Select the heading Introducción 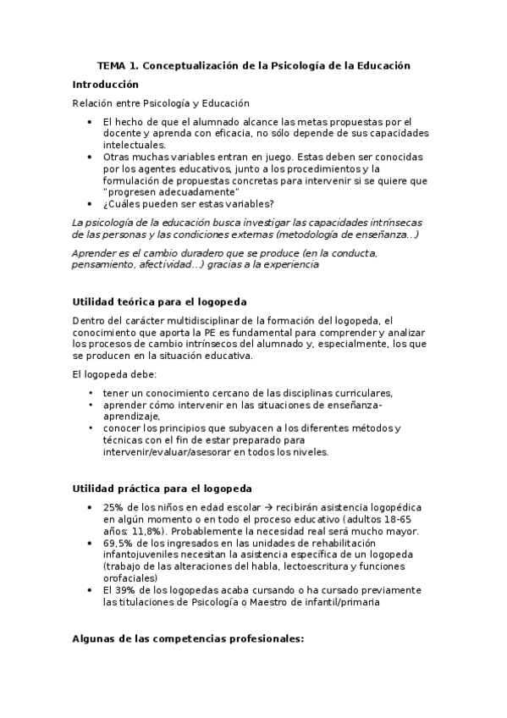point(105,85)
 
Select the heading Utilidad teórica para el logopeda point(159,302)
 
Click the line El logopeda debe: point(109,374)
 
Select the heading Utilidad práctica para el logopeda point(161,489)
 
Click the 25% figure point(113,506)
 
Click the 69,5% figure point(117,543)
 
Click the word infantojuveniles point(140,555)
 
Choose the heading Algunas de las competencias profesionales point(189,640)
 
